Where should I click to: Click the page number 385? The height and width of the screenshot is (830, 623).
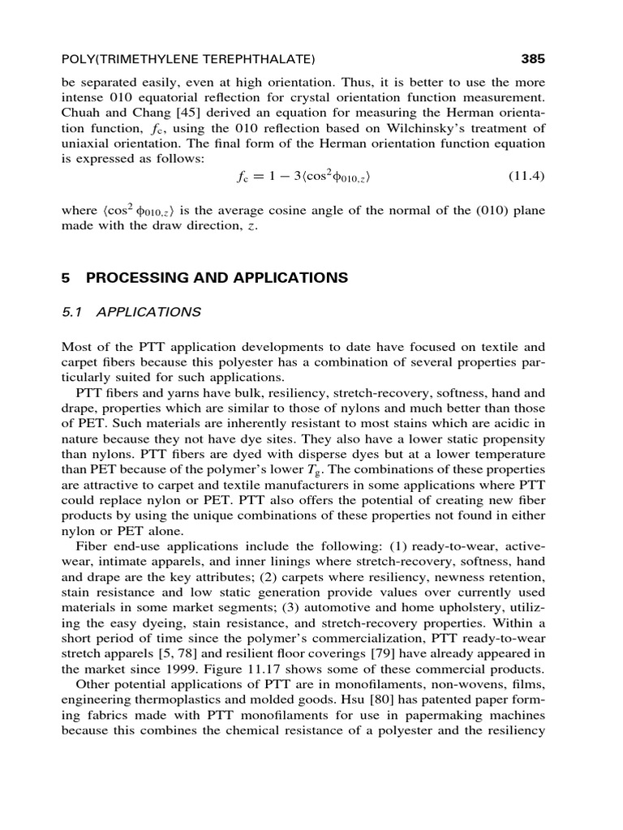tap(531, 58)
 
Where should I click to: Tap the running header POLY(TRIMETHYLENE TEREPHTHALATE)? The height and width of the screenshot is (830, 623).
tap(188, 59)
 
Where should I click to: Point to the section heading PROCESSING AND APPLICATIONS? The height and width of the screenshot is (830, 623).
tap(217, 278)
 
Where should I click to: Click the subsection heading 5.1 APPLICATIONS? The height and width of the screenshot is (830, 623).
tap(131, 311)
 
